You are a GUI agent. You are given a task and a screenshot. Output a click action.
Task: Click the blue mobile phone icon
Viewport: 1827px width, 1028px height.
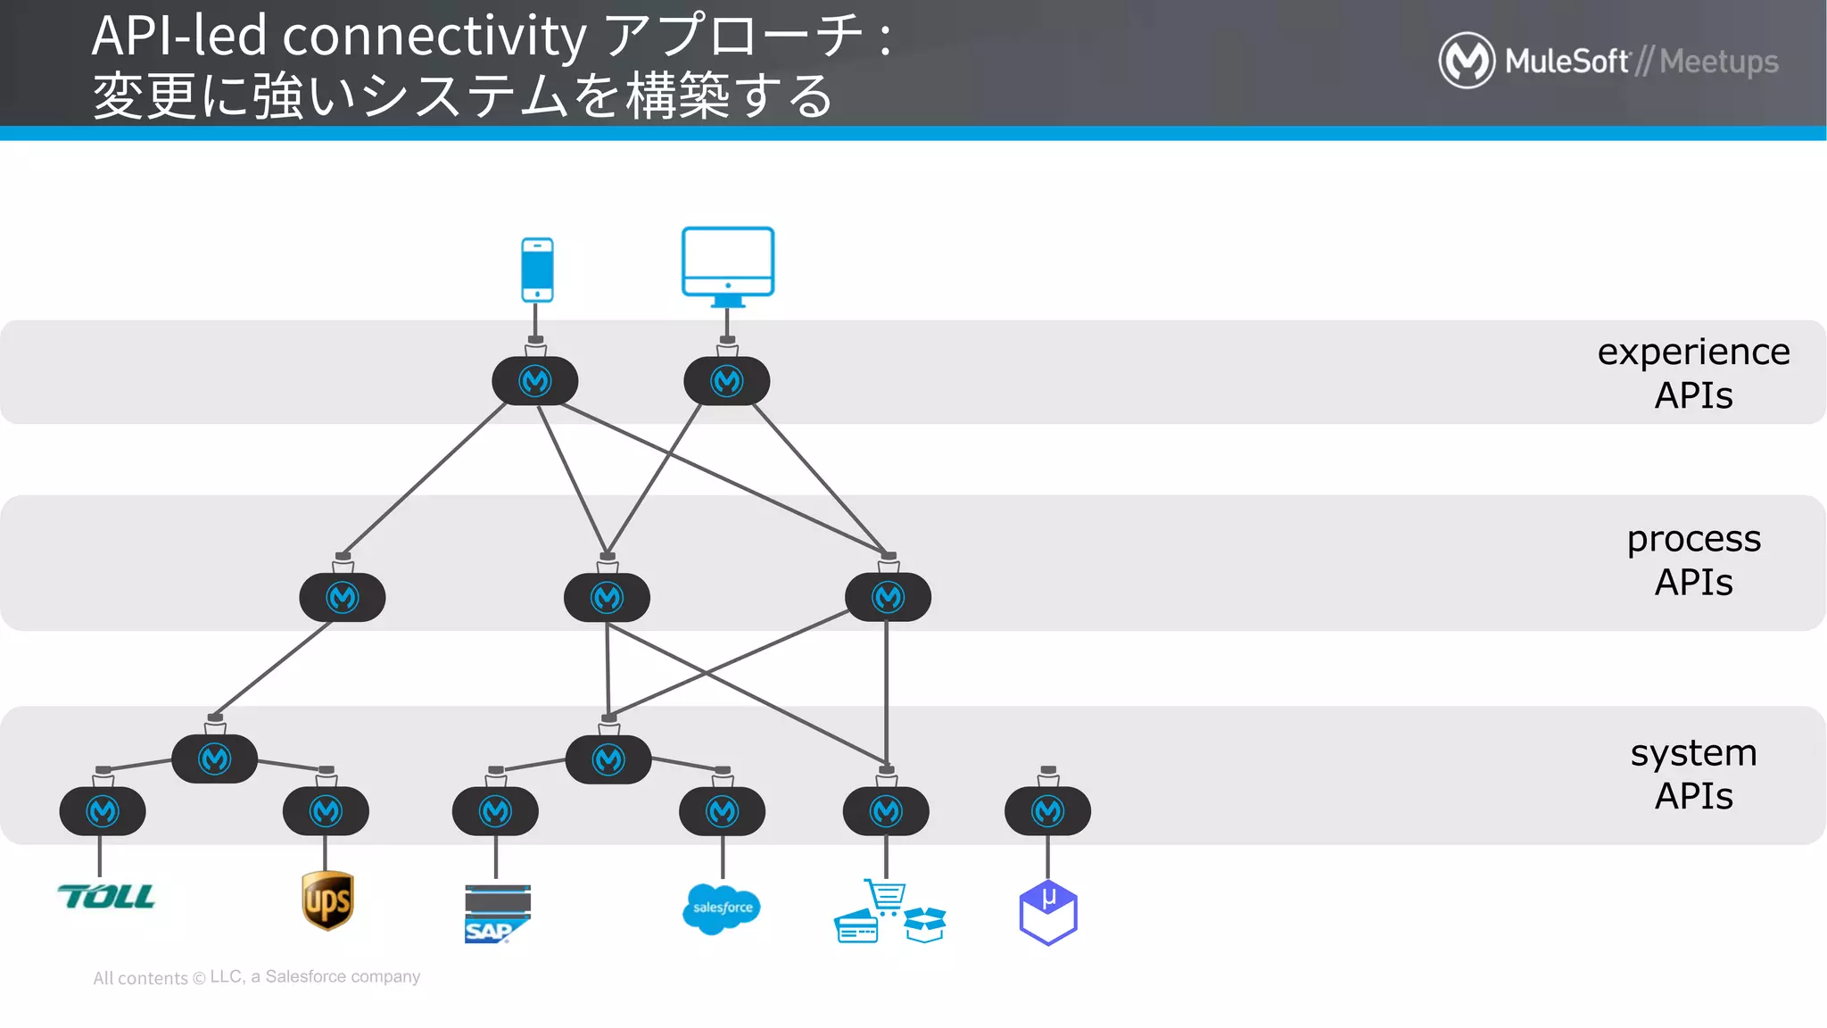537,269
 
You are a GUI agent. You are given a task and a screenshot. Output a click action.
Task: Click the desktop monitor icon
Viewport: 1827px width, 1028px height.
728,264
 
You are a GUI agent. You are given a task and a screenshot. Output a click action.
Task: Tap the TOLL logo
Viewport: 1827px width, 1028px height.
106,897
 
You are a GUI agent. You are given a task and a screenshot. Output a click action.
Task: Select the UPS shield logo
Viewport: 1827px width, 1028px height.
327,901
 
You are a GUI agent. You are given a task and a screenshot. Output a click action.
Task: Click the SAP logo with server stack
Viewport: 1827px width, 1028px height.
497,914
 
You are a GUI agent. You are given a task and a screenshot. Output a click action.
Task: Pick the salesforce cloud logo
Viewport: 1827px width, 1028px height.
721,908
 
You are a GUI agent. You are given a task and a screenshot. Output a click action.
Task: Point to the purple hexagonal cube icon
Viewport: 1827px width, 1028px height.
1048,913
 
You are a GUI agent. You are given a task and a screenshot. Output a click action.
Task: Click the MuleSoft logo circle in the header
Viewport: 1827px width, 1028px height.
1467,61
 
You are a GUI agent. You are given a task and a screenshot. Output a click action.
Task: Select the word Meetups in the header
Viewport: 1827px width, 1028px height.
1719,62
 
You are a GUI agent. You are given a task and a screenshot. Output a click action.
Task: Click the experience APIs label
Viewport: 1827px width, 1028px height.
1692,373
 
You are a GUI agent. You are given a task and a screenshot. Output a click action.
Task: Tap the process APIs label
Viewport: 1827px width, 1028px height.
1692,560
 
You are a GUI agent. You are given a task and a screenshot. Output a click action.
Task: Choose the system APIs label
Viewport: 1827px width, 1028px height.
1692,774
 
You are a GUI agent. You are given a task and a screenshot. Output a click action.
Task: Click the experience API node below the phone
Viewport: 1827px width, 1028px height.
535,381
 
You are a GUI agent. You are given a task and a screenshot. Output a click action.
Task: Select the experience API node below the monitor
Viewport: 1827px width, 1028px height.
727,381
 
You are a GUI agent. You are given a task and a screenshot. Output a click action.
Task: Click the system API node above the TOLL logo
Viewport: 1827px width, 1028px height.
103,811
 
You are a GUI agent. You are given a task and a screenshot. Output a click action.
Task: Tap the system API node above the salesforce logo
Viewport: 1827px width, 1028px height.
722,811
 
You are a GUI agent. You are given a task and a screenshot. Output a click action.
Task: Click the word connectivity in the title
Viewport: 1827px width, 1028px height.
434,36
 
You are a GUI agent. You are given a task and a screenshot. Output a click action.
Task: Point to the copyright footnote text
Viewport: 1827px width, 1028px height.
256,977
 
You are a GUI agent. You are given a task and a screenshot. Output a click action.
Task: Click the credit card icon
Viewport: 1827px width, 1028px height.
856,928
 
